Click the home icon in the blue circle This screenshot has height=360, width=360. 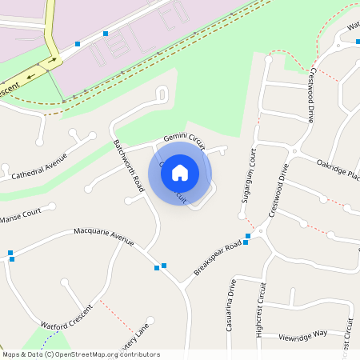click(180, 172)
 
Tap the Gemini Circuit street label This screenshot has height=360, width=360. click(185, 142)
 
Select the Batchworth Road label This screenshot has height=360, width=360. click(128, 166)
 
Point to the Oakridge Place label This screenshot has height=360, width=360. click(338, 170)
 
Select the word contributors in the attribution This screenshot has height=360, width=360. click(135, 354)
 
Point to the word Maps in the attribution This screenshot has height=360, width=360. click(10, 354)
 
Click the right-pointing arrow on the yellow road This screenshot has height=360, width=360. click(53, 59)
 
